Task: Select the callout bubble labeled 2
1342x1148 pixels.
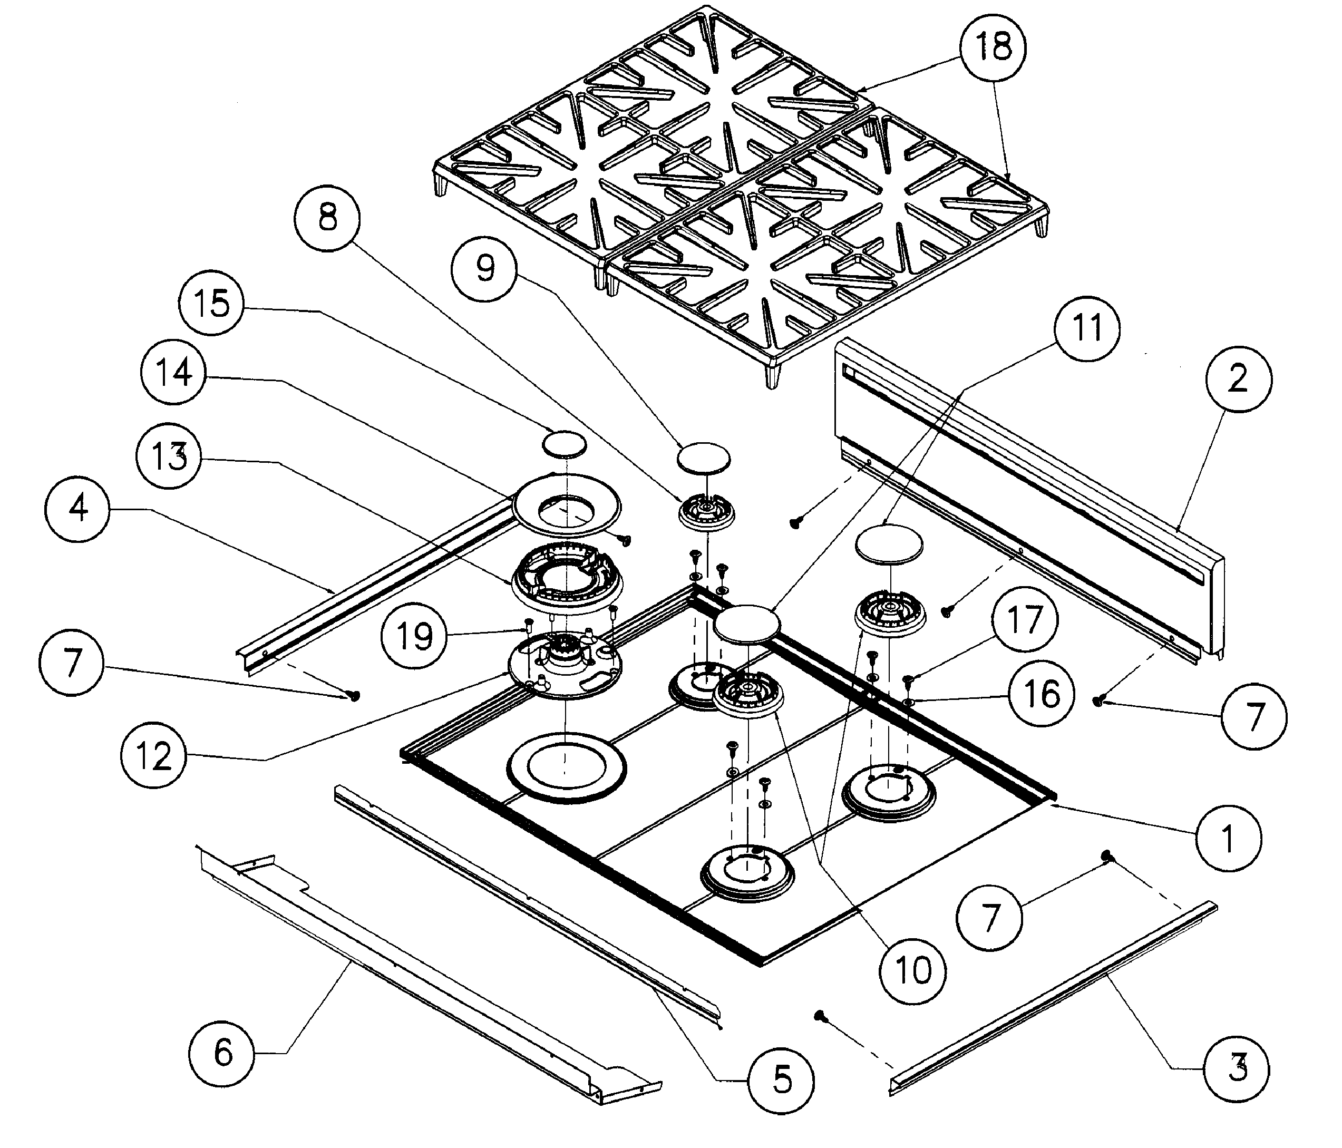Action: (1238, 379)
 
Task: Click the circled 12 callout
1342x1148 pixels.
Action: (153, 756)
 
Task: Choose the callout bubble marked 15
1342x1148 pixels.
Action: (212, 303)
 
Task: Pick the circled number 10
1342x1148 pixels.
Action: (913, 970)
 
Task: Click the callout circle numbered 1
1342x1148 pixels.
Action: (1228, 839)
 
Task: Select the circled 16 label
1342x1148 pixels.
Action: (1042, 694)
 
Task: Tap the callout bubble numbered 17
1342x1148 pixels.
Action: (1024, 620)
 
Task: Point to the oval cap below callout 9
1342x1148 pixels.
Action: (703, 457)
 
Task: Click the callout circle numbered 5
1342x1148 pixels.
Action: (781, 1081)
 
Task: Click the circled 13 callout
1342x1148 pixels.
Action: (168, 457)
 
